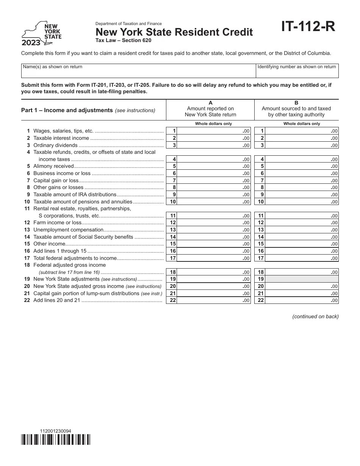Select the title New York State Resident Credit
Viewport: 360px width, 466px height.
174,32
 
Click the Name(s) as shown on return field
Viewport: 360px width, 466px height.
138,71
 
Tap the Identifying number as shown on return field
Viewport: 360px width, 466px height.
297,71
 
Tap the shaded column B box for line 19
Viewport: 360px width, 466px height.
302,279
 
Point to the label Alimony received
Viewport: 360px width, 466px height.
53,166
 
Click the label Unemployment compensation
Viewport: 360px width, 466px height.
68,230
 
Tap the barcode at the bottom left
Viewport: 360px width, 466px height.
56,439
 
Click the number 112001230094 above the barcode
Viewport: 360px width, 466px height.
55,431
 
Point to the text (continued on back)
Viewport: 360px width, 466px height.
315,317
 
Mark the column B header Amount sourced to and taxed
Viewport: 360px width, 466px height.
296,108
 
